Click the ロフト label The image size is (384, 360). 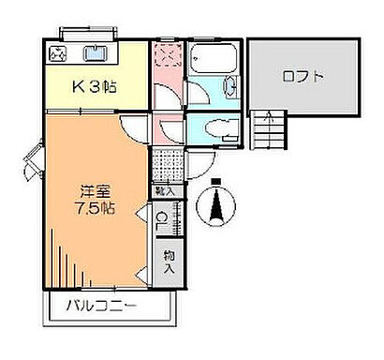tap(303, 78)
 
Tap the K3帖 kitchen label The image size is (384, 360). tap(96, 88)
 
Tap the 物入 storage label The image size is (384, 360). tap(169, 261)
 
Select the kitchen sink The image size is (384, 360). tap(96, 52)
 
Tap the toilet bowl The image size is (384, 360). tap(213, 129)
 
